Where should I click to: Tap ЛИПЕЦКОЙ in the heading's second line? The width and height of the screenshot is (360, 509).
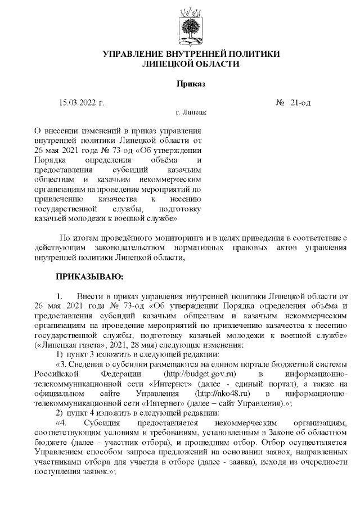coord(170,64)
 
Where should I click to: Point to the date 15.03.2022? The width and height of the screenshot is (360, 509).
coord(77,103)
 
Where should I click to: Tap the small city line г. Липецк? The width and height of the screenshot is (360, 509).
coord(191,113)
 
